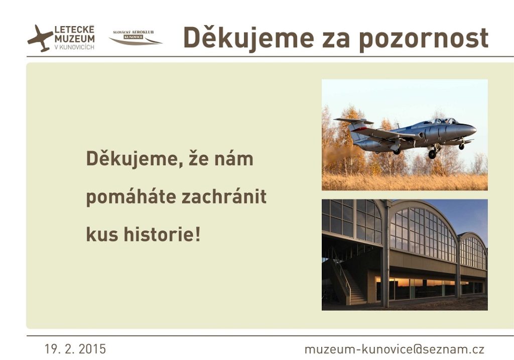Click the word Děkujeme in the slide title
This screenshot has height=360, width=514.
249,38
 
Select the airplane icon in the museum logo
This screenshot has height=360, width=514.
40,38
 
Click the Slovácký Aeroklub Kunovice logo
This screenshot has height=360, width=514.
136,37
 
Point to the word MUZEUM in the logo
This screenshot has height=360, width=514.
74,39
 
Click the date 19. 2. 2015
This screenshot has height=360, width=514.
75,349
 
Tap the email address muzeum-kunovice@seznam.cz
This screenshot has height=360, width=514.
395,349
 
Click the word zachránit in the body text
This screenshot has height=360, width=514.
224,197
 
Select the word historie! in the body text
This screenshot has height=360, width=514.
162,234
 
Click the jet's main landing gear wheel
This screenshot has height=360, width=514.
432,154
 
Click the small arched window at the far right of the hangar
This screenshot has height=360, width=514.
473,253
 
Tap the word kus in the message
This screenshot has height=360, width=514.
102,234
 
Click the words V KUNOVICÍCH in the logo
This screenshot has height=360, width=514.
74,47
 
